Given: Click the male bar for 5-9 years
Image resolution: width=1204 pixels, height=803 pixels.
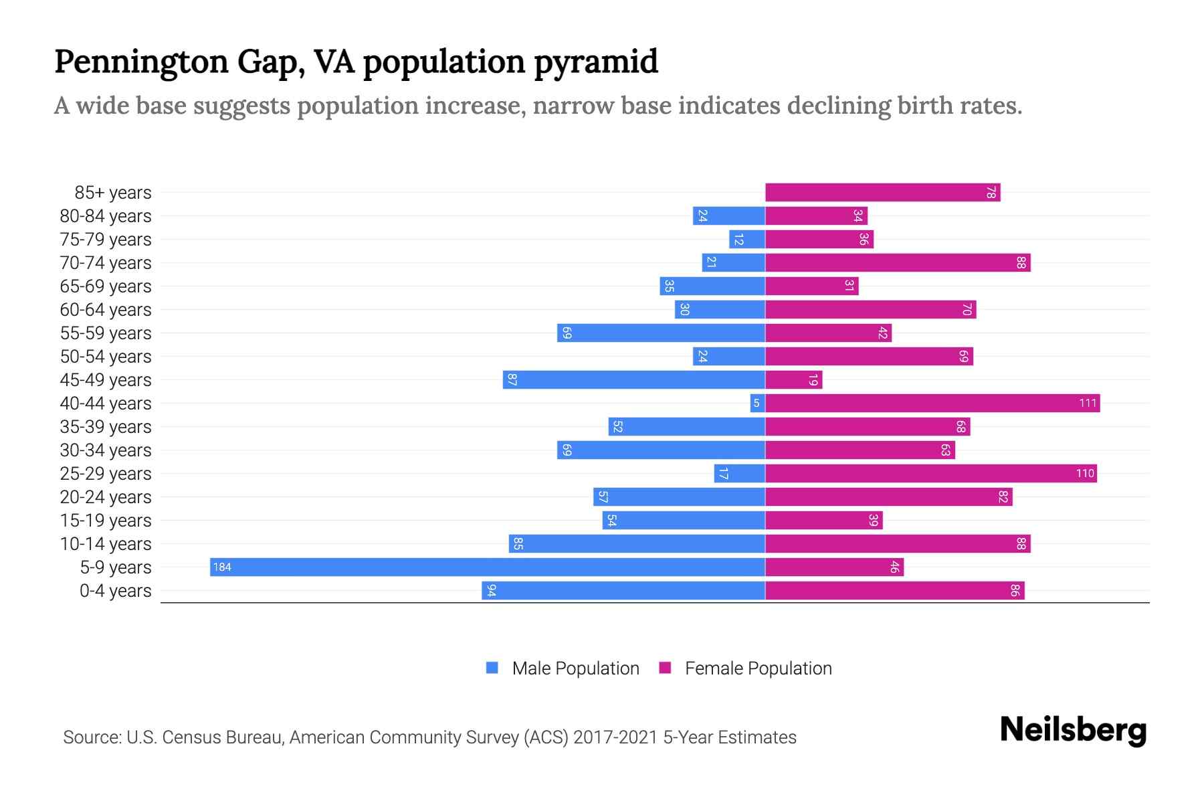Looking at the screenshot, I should tap(487, 567).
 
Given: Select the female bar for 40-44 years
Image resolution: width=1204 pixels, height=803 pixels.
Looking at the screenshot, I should tap(932, 403).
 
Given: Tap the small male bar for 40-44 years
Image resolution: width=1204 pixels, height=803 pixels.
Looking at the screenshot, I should tap(757, 403).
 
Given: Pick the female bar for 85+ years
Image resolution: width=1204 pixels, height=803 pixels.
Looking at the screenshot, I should tap(882, 193).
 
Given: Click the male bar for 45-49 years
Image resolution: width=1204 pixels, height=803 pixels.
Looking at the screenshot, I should tap(633, 379).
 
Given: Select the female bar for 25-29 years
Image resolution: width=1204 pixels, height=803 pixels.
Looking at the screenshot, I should tap(930, 473).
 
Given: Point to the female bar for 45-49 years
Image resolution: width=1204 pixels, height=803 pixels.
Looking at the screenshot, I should tap(793, 379).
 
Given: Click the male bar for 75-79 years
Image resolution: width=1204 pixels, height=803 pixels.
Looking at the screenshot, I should tap(746, 240).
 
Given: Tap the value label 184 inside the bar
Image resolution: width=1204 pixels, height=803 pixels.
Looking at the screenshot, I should tap(221, 567).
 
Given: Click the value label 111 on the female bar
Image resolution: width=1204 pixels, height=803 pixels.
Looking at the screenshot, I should tap(1088, 403).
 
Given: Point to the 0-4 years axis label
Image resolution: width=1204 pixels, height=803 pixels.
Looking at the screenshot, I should tap(115, 591).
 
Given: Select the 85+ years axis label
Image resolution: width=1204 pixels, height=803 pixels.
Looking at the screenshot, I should tap(112, 193).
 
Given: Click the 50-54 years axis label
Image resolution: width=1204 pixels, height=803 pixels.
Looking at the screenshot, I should tap(106, 357).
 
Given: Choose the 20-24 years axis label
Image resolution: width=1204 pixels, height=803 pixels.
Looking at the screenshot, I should tap(106, 497).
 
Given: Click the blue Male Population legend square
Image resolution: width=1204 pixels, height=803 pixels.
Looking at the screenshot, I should tap(492, 668).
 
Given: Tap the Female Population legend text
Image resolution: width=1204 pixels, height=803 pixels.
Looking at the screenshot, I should tap(758, 668).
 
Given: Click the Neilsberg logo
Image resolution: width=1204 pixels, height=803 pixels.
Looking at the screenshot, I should tap(1073, 730).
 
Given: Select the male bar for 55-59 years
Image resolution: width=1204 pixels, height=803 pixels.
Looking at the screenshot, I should tap(661, 333).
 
